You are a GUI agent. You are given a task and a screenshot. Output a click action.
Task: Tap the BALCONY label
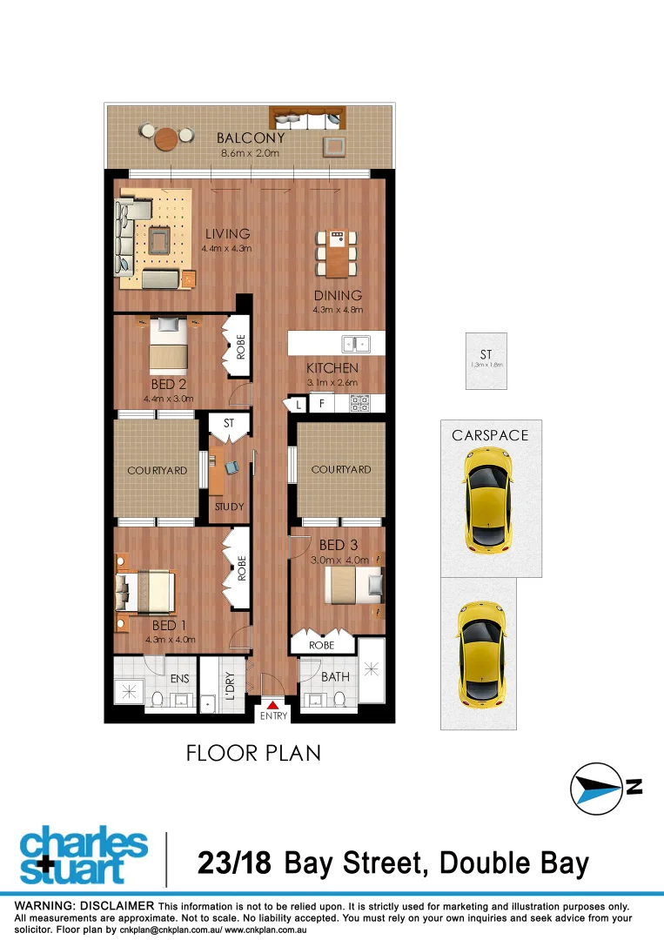click(x=251, y=138)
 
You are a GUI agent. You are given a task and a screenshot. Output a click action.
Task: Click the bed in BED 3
click(x=353, y=585)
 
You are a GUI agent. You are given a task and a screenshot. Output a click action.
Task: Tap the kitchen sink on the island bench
click(x=356, y=343)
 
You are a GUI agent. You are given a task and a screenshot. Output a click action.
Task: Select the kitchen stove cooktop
click(x=360, y=403)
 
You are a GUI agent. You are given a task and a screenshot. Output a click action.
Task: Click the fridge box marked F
click(x=322, y=404)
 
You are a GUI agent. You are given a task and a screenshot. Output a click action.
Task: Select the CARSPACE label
click(x=490, y=434)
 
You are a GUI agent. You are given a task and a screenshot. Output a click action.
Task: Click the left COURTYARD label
click(x=158, y=470)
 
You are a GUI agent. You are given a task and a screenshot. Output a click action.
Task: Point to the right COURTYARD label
click(x=341, y=469)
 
